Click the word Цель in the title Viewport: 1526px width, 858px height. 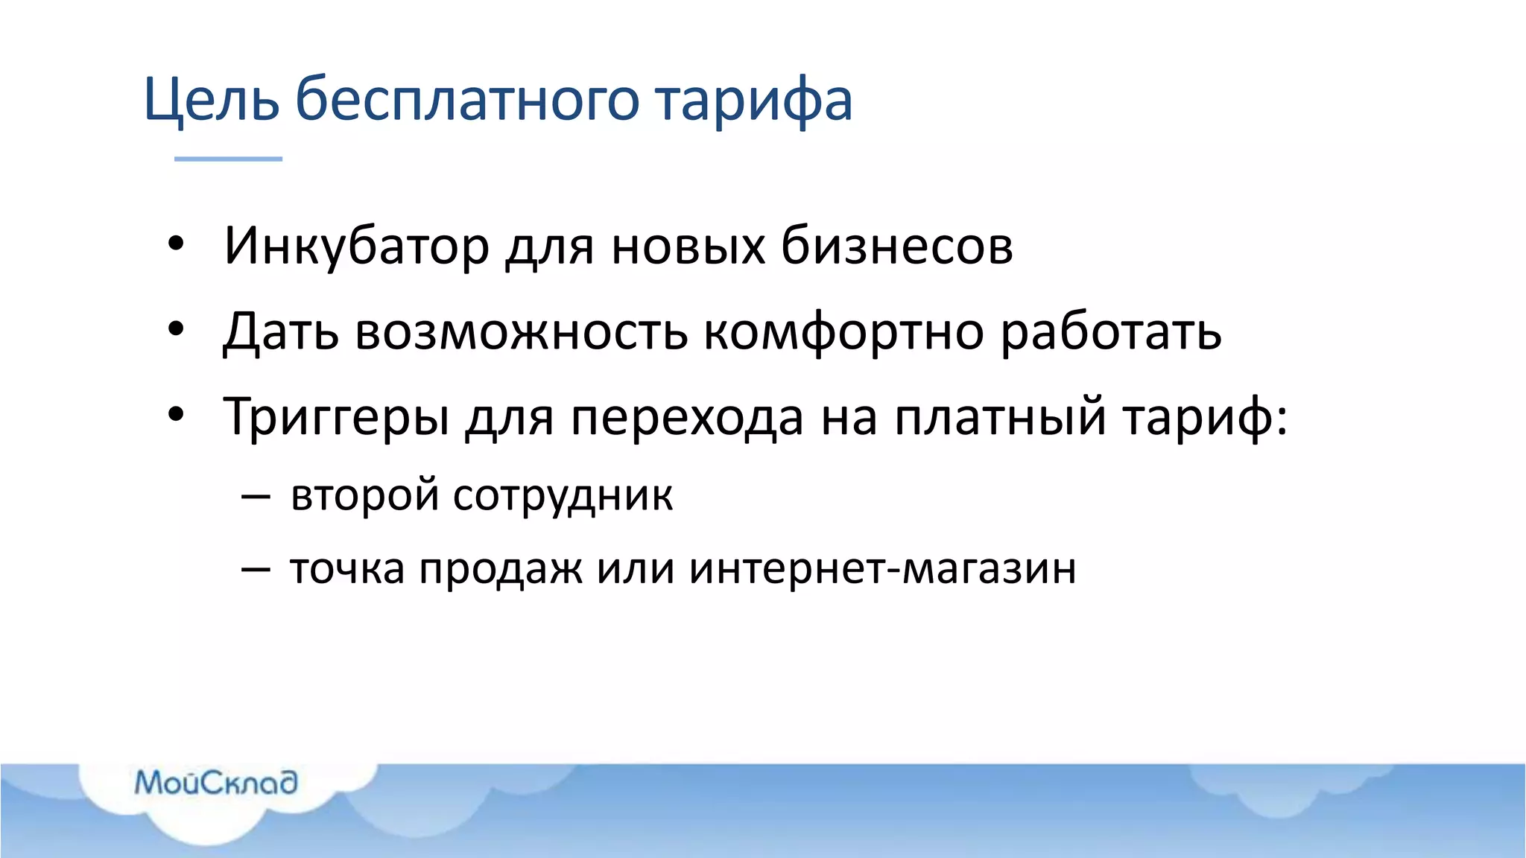[x=211, y=100]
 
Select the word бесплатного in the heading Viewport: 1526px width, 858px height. [x=467, y=100]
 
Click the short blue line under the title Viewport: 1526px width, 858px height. [x=228, y=159]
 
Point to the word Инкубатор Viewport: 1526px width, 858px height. [x=356, y=247]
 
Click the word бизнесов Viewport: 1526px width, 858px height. [x=896, y=246]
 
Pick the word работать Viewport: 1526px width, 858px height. [x=1110, y=331]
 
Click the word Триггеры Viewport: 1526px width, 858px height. [x=336, y=418]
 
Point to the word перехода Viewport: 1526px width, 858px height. [x=687, y=418]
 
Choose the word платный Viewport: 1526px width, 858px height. [x=1001, y=418]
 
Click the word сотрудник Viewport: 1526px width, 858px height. [x=563, y=496]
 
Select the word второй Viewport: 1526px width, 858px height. [x=364, y=496]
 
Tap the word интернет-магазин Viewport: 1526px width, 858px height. [x=882, y=569]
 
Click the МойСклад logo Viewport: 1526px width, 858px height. [x=216, y=783]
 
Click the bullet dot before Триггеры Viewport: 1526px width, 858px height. [x=176, y=414]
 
